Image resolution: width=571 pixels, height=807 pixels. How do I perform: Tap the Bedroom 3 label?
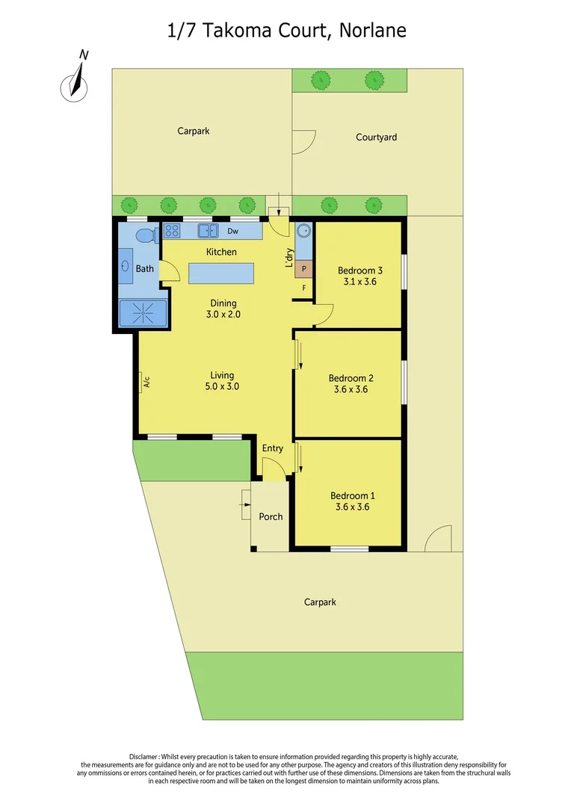360,270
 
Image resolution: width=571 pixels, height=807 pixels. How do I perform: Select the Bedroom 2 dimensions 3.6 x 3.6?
351,389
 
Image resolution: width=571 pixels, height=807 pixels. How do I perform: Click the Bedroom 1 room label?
353,495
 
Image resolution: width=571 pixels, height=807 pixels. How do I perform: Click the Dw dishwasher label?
233,231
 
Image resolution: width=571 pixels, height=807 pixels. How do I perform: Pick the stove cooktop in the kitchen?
172,231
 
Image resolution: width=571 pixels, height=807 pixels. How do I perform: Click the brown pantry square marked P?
303,268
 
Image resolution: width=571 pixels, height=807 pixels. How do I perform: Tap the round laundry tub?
304,231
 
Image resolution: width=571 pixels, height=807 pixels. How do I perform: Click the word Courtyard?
376,137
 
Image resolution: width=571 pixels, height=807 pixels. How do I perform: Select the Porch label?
271,516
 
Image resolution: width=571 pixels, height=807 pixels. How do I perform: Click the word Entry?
272,448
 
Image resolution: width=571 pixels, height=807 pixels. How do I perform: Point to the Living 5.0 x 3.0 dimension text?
223,386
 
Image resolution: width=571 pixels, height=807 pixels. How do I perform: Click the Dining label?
223,303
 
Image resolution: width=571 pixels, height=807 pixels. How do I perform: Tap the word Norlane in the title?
372,30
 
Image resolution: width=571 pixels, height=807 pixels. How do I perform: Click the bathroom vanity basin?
125,266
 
